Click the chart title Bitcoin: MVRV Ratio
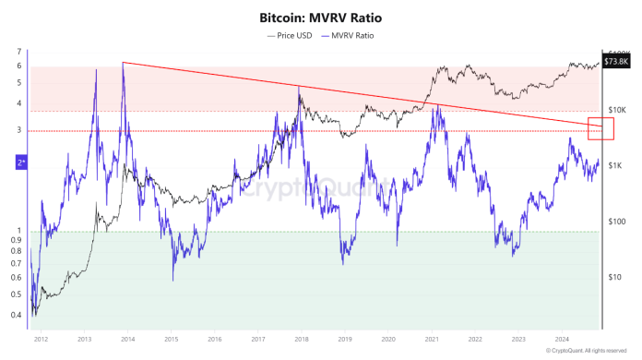320,17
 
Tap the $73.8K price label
614,61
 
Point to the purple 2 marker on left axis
20,162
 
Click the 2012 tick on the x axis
40,339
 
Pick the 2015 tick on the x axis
171,339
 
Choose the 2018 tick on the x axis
301,339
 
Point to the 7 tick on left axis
18,52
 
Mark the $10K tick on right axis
619,111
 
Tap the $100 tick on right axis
619,222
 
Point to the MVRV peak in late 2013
123,63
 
